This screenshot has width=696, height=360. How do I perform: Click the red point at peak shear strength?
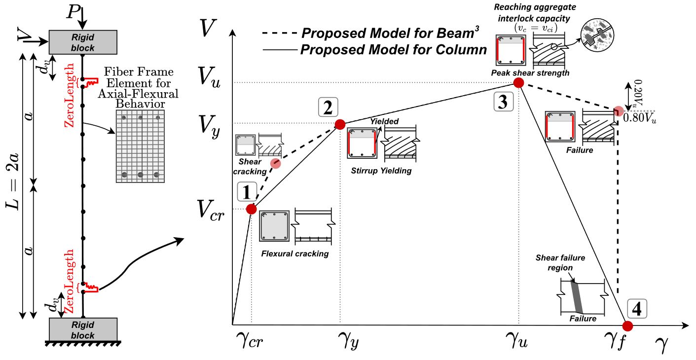tap(518, 82)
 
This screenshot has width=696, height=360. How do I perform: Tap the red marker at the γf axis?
tap(627, 325)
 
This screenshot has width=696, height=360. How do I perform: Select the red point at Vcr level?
tap(251, 209)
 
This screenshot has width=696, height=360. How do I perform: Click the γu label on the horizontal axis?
tap(517, 340)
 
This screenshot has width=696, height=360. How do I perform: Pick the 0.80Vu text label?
tap(639, 118)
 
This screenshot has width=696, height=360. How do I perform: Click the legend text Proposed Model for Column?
tap(394, 49)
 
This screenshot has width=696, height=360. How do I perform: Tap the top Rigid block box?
tap(83, 42)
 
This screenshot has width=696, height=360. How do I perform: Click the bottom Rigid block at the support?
tap(83, 329)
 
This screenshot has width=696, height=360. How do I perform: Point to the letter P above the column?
tap(73, 11)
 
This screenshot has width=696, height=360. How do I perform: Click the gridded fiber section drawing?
tap(140, 146)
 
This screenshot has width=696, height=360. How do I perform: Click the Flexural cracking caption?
tap(295, 254)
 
